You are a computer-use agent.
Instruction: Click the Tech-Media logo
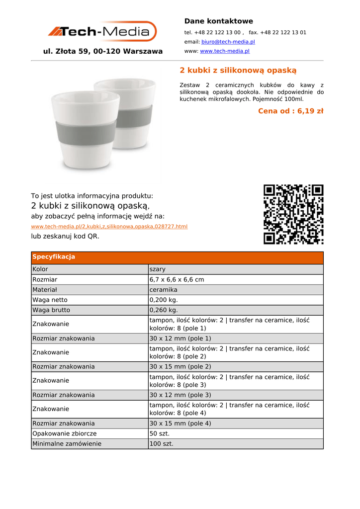tap(102, 32)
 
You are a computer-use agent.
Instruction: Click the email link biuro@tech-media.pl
tap(228, 42)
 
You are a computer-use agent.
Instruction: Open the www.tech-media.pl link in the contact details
tap(224, 51)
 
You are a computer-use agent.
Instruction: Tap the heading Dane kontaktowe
tap(218, 21)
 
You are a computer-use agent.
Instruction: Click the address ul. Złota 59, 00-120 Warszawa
tap(103, 51)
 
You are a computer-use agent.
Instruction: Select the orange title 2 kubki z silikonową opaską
tap(238, 71)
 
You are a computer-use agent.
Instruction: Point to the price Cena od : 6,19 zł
tap(290, 111)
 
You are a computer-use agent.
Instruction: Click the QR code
tap(293, 214)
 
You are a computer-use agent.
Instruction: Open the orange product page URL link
tap(109, 227)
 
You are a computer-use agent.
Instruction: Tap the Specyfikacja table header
tap(54, 257)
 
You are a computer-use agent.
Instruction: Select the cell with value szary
tap(158, 269)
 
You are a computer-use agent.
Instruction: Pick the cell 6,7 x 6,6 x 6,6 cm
tap(177, 279)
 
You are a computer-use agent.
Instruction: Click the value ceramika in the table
tap(163, 289)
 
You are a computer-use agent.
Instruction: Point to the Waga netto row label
tap(50, 300)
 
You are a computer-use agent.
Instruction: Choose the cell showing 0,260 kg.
tap(163, 310)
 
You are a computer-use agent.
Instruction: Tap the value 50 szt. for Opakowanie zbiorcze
tap(159, 433)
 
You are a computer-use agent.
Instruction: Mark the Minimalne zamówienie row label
tap(67, 443)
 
